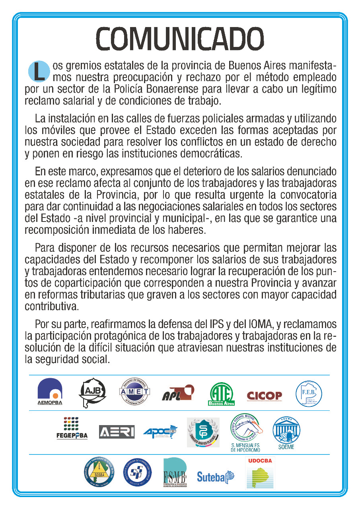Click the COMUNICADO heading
180,39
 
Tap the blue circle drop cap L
38,70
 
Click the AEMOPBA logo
50,391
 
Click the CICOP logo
264,395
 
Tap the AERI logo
117,432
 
